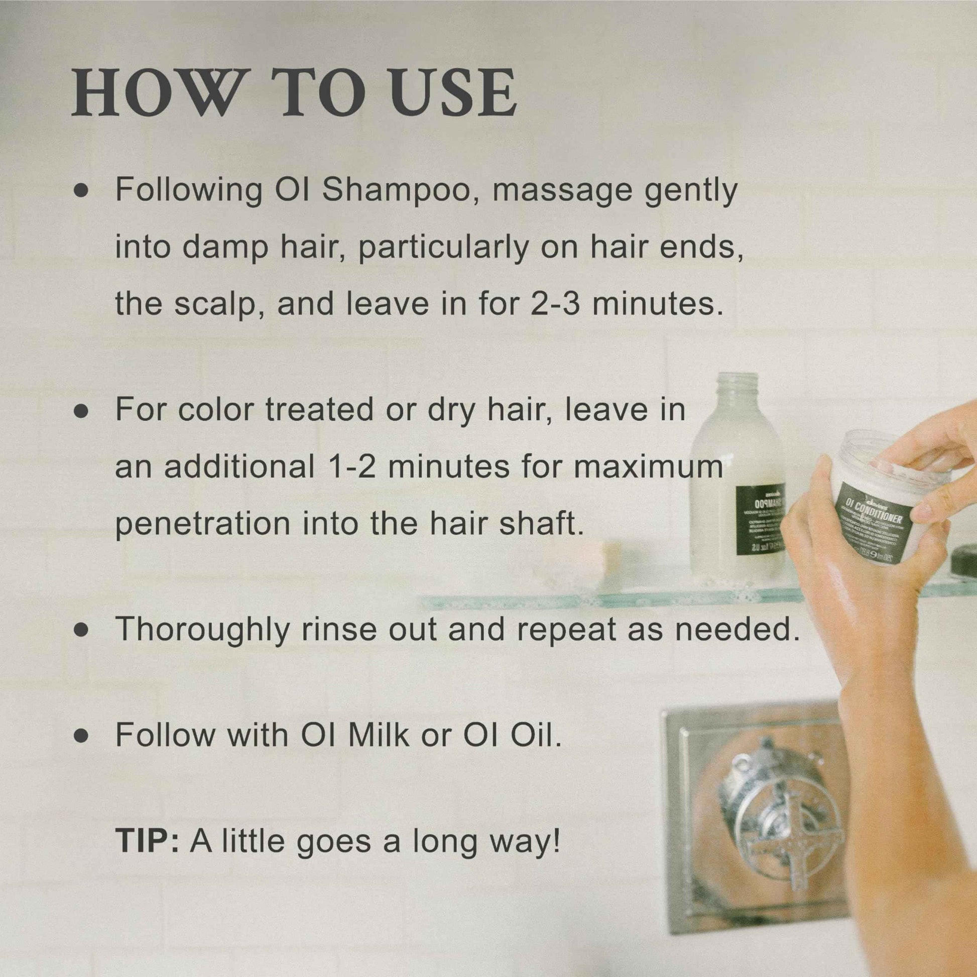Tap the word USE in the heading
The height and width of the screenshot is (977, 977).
(x=453, y=92)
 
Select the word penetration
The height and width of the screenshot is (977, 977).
(x=203, y=525)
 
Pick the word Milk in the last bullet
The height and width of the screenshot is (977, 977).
(x=378, y=735)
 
